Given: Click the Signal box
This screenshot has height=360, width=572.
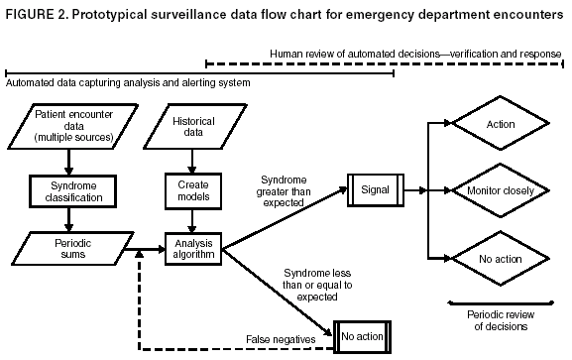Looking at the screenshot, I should tap(375, 188).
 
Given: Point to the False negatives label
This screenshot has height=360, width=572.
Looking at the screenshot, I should tap(281, 339).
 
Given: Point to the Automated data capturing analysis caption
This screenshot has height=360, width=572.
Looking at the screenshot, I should tap(127, 83).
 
